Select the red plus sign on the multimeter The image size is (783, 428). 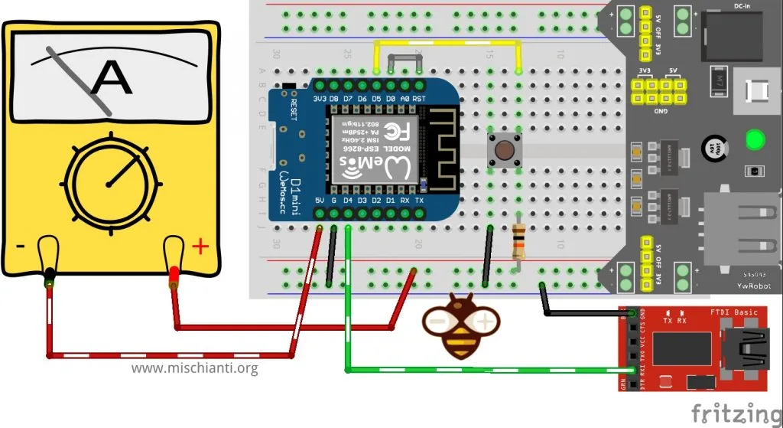pyautogui.click(x=200, y=247)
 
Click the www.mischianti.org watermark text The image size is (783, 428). pyautogui.click(x=194, y=368)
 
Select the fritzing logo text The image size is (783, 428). pyautogui.click(x=736, y=412)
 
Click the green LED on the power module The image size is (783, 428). pyautogui.click(x=755, y=140)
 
